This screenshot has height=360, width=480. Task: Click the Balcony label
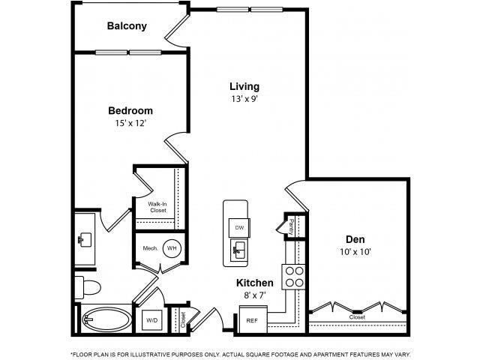point(127,25)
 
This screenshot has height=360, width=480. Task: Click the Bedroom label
point(130,109)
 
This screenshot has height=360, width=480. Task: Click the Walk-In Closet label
point(157,207)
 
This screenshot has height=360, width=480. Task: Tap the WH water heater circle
point(172,248)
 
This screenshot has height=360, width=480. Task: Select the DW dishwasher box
point(239,228)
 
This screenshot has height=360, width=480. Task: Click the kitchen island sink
point(239,249)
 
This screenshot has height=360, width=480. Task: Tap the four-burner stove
point(293,277)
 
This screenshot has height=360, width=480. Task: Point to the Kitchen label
point(254,283)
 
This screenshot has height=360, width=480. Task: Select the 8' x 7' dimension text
point(254,295)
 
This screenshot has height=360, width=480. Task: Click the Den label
point(355,240)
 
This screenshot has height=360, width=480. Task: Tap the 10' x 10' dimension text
point(355,253)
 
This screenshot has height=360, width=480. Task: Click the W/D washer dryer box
point(153,320)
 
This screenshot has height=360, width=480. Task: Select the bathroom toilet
point(86,287)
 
